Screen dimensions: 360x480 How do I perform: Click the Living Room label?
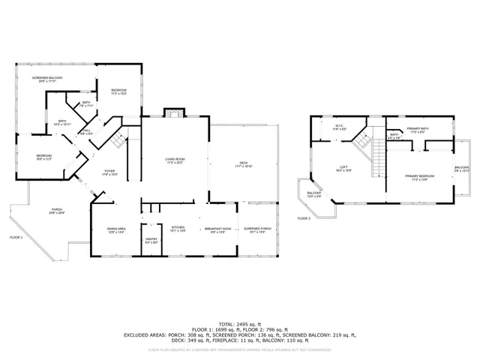click(x=175, y=160)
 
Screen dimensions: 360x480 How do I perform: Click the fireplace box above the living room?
click(x=173, y=114)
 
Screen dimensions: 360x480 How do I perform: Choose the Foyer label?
click(x=109, y=172)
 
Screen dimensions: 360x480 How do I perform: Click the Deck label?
click(x=242, y=163)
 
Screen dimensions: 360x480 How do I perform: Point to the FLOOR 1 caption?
click(x=16, y=237)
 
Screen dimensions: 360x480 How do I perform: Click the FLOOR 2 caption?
click(x=303, y=218)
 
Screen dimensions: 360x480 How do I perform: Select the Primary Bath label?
click(x=418, y=129)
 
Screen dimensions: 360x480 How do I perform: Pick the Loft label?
click(x=343, y=168)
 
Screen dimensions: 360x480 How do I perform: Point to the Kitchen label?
click(x=178, y=227)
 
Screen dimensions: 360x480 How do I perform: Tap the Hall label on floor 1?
click(x=86, y=131)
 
